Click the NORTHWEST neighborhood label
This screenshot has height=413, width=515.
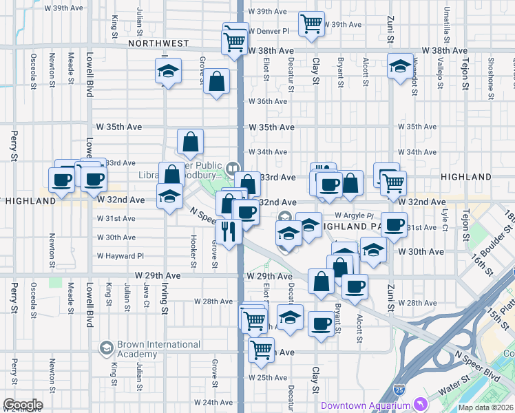(158, 43)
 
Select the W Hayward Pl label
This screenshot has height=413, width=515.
(120, 255)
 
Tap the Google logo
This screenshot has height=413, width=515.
(23, 405)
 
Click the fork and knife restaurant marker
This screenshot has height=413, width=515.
(229, 230)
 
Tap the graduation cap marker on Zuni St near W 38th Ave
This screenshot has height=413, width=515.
(399, 67)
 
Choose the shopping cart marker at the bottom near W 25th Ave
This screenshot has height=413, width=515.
(261, 348)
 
